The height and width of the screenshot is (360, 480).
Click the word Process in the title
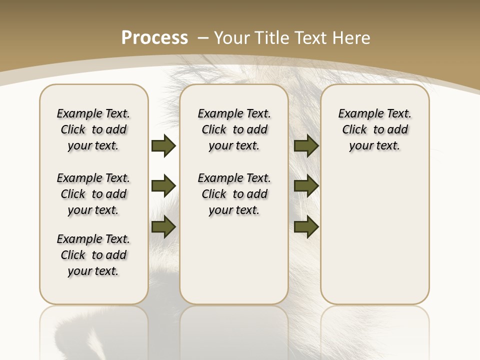(x=154, y=37)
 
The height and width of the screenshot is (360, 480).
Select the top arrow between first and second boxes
(x=163, y=145)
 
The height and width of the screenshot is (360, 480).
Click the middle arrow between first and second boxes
(x=163, y=186)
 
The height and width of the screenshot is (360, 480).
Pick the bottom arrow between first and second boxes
(x=163, y=227)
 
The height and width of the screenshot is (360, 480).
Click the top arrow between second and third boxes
(x=306, y=145)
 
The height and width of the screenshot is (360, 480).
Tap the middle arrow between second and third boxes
(x=306, y=186)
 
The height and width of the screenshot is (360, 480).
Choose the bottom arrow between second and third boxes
(x=306, y=227)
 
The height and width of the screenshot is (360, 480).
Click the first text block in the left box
(x=93, y=129)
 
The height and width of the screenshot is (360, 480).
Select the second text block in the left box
(x=93, y=194)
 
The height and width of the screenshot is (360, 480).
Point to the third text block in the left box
(x=93, y=255)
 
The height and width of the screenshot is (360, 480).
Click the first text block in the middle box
(x=234, y=129)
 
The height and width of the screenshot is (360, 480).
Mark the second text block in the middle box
(x=234, y=194)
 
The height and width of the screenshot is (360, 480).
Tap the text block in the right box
(x=374, y=129)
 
